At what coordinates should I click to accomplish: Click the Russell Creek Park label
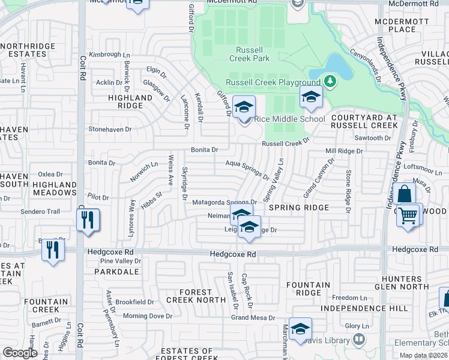pyautogui.click(x=249, y=54)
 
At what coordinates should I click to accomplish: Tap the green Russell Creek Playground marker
pyautogui.click(x=329, y=80)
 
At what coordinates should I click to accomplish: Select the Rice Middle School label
pyautogui.click(x=289, y=119)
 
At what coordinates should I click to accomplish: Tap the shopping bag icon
pyautogui.click(x=406, y=194)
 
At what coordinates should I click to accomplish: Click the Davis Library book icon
pyautogui.click(x=358, y=340)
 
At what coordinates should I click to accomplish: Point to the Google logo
pyautogui.click(x=20, y=353)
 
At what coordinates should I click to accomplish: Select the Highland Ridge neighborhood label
pyautogui.click(x=130, y=101)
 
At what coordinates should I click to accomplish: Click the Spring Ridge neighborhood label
pyautogui.click(x=298, y=208)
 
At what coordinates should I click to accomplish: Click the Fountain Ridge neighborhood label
pyautogui.click(x=308, y=289)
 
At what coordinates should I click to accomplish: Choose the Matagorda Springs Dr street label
pyautogui.click(x=224, y=202)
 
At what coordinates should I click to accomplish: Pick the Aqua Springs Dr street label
pyautogui.click(x=247, y=166)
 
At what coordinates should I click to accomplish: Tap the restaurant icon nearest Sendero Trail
pyautogui.click(x=88, y=220)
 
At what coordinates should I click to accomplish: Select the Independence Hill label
pyautogui.click(x=364, y=308)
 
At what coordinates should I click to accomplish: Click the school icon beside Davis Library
pyautogui.click(x=300, y=329)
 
